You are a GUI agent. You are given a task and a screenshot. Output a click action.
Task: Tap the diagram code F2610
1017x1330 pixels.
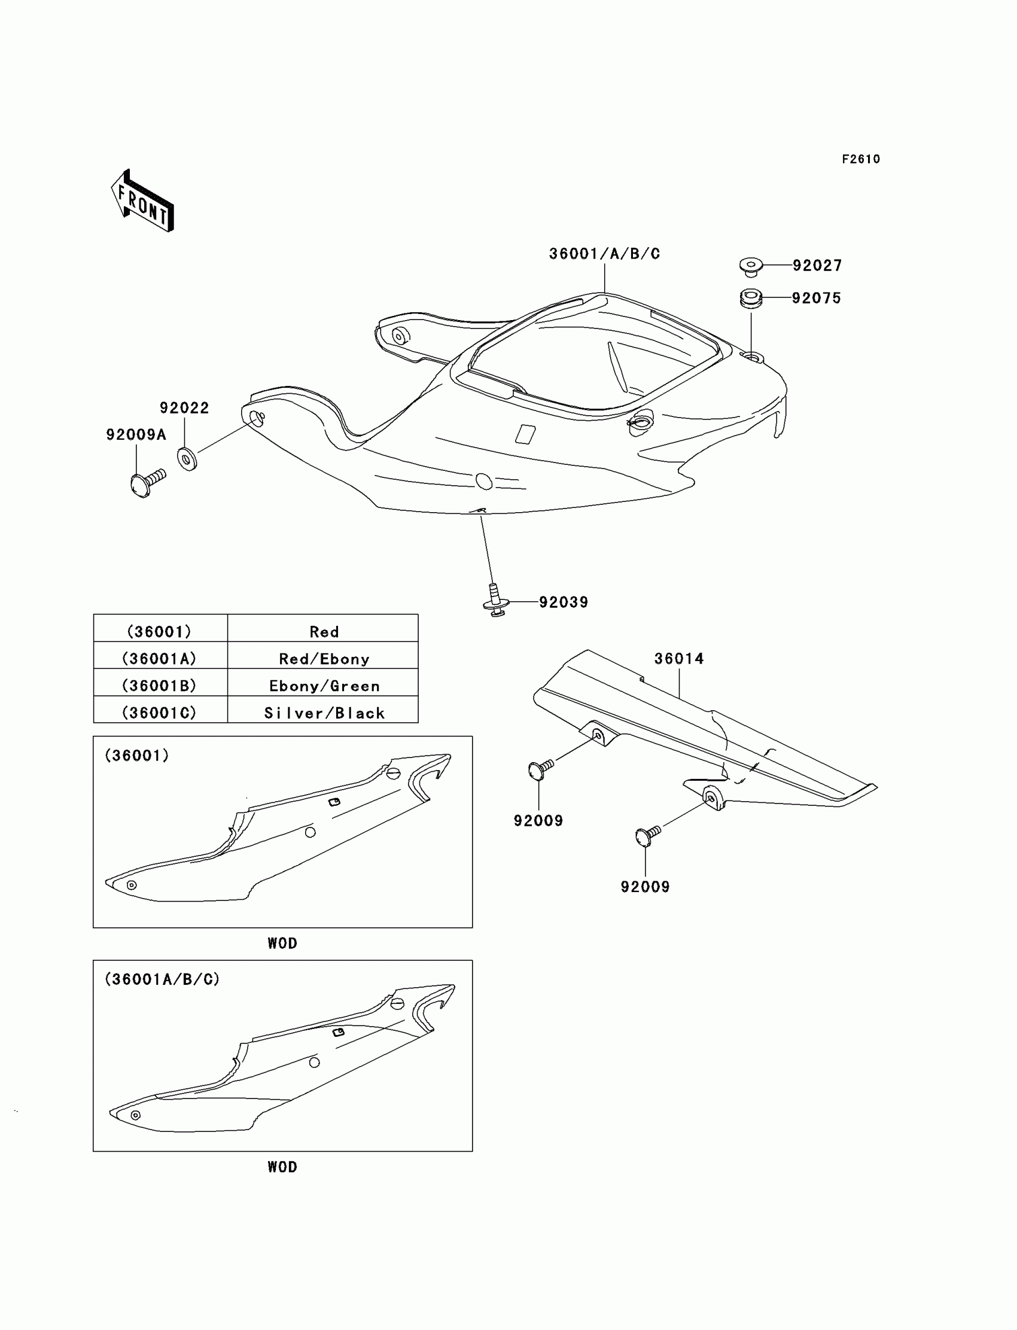tap(860, 159)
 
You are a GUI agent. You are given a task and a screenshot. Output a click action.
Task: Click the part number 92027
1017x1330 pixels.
tap(817, 266)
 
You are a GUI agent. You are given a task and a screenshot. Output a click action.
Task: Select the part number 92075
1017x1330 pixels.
tap(816, 299)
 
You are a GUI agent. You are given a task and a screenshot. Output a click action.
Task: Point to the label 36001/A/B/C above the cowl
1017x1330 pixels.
tap(604, 254)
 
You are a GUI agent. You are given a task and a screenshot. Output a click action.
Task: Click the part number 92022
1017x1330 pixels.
tap(184, 408)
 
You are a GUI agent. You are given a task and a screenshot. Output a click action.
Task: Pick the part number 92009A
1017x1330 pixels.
tap(136, 434)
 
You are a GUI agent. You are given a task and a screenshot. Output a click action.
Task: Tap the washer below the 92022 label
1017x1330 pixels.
tap(187, 458)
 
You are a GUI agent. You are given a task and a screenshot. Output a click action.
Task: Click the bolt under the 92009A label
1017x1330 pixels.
tap(147, 482)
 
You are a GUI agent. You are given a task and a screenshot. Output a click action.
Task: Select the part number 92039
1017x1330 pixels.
tap(563, 602)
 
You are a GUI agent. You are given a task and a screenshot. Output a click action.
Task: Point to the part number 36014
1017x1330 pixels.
tap(678, 659)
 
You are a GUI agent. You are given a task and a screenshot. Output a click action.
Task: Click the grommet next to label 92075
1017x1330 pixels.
tap(751, 299)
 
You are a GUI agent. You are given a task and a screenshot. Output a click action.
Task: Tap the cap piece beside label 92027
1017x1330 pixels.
tap(751, 266)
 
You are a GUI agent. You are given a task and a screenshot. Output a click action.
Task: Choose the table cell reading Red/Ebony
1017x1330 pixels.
tap(323, 659)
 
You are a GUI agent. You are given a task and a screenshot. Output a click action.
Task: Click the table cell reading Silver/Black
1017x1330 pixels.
tap(323, 713)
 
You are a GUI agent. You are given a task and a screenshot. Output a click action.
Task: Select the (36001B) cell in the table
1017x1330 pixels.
tap(159, 685)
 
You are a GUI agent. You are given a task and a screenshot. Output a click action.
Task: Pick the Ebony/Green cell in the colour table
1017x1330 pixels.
tap(323, 685)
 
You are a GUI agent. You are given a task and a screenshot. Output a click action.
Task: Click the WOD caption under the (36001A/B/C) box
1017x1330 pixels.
tap(282, 1167)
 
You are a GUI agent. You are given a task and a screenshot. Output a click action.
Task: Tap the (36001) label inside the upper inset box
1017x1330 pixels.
tap(137, 755)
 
